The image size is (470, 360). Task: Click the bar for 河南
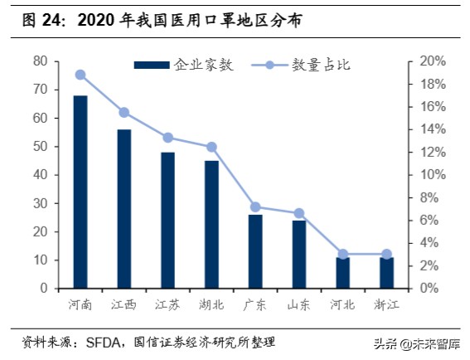pyautogui.click(x=80, y=192)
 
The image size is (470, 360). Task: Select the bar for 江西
pyautogui.click(x=124, y=209)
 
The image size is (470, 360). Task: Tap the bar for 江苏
pyautogui.click(x=168, y=220)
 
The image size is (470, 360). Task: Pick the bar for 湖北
pyautogui.click(x=212, y=224)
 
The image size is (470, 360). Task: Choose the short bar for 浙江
pyautogui.click(x=386, y=273)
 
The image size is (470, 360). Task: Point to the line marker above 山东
pyautogui.click(x=299, y=213)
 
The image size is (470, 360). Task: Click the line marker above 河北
pyautogui.click(x=343, y=254)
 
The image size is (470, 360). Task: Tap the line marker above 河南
pyautogui.click(x=80, y=75)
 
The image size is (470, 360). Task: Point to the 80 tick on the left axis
pyautogui.click(x=39, y=61)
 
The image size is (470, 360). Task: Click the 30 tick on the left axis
pyautogui.click(x=39, y=203)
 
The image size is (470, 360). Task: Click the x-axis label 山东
pyautogui.click(x=299, y=304)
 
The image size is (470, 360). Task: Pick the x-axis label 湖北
pyautogui.click(x=212, y=304)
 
